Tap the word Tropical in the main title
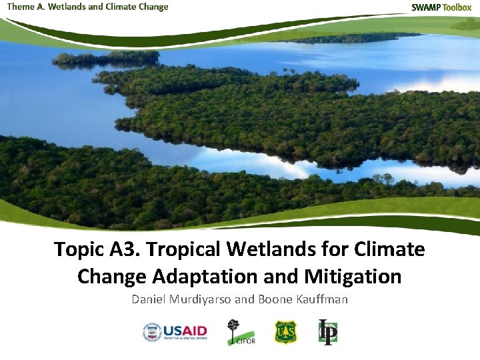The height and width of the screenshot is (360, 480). pyautogui.click(x=184, y=249)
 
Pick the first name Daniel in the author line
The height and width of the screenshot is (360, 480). pyautogui.click(x=149, y=299)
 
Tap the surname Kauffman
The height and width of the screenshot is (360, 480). pyautogui.click(x=321, y=299)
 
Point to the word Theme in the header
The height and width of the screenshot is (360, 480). pyautogui.click(x=21, y=7)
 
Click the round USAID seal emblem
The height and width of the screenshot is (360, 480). pyautogui.click(x=152, y=331)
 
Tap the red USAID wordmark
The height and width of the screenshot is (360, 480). pyautogui.click(x=185, y=330)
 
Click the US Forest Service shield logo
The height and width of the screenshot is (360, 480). pyautogui.click(x=285, y=331)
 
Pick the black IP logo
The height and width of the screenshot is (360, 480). pyautogui.click(x=327, y=331)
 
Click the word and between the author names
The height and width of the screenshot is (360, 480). pyautogui.click(x=245, y=299)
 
